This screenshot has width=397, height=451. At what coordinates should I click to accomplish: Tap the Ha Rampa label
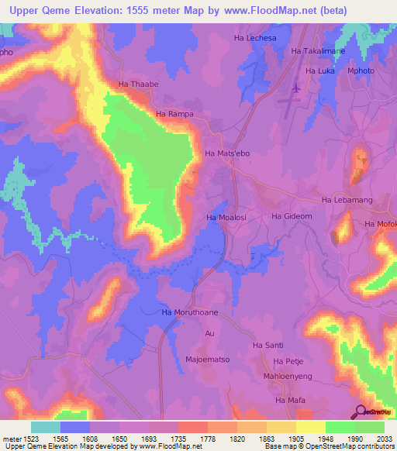[174, 114]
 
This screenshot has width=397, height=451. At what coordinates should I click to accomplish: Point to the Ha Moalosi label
[226, 218]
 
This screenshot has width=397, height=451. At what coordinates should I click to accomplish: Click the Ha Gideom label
[292, 216]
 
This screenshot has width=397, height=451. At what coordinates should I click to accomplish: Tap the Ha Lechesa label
[254, 37]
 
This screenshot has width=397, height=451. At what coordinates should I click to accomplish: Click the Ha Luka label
[320, 71]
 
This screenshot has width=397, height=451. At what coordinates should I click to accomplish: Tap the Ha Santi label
[268, 345]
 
